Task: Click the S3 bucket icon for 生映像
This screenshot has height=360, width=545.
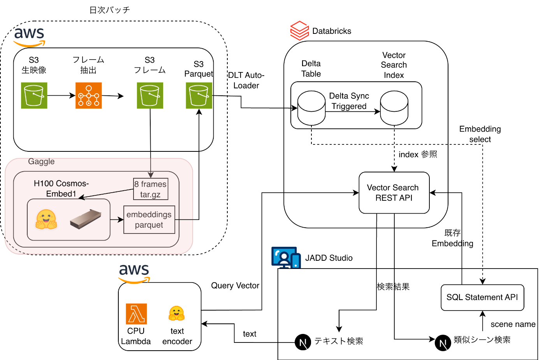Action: coord(34,95)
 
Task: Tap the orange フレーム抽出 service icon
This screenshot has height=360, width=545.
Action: coord(89,95)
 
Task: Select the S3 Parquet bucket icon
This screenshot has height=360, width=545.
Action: coord(199,95)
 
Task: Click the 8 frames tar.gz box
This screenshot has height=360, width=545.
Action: coord(151,189)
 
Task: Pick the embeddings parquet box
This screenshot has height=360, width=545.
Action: coord(149,220)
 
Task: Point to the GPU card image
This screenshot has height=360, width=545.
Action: coord(86,220)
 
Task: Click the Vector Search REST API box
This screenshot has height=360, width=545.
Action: coord(394,193)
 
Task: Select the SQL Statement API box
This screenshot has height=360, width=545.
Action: coord(482,298)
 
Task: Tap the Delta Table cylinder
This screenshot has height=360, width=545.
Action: coord(311,108)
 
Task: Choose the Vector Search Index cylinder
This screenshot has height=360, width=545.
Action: coord(394,108)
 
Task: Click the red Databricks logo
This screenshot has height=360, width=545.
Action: coord(299,31)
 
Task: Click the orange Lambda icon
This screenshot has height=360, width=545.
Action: coord(136,314)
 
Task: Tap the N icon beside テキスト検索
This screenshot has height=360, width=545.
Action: coord(303,342)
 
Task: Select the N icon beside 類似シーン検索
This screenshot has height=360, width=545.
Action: coord(443,343)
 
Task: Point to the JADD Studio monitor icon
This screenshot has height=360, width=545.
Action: coord(286,257)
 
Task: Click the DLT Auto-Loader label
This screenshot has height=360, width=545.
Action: coord(246,80)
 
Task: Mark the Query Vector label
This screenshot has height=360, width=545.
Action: coord(235,286)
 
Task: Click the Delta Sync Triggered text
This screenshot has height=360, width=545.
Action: coord(349,101)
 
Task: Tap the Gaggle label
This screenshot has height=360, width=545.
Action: coord(41,162)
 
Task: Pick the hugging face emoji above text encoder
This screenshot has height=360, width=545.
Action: coord(176,313)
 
